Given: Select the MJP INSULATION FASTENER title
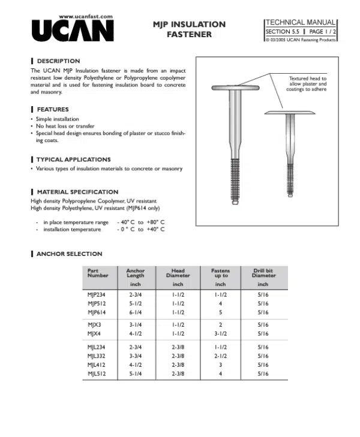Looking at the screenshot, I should point(189,29).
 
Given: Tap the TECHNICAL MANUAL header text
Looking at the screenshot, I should point(301,22).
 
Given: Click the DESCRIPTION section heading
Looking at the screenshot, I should point(58,61).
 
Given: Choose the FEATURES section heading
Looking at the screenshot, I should point(52,110).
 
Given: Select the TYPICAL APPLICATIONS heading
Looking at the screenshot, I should point(73,159).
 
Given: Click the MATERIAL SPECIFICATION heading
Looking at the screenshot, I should point(77,192).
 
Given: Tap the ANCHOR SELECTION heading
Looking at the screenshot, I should point(69,254).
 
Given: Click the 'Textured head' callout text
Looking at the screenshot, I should point(307,84).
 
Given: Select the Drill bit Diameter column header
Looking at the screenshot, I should point(263,273).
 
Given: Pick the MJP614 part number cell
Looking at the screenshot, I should point(97,312).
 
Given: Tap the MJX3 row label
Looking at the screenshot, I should point(94,324).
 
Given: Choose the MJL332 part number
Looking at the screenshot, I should point(97,355).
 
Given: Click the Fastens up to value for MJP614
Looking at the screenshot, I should point(220,312).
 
